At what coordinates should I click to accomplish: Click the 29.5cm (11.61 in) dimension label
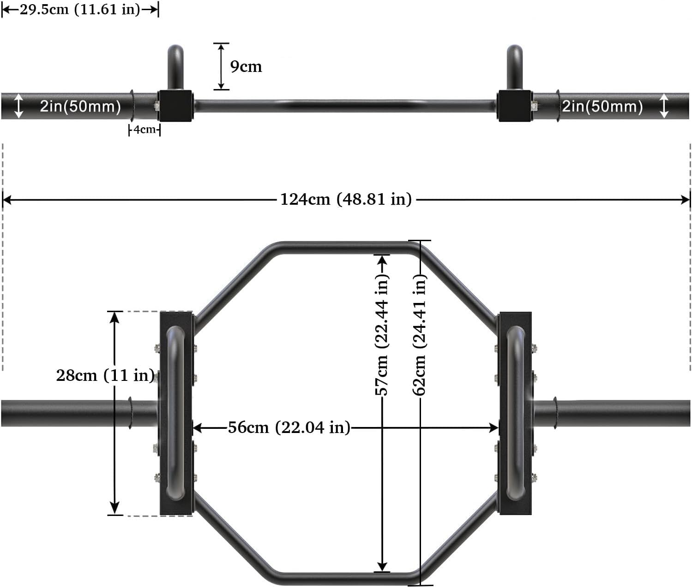coord(79,10)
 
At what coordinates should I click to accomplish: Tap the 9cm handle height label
coord(246,66)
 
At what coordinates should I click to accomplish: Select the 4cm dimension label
coord(144,130)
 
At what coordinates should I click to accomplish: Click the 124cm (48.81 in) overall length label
coord(346,199)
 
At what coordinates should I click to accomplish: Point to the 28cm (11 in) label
coord(105,375)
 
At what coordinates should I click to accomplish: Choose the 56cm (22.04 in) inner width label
coord(289,427)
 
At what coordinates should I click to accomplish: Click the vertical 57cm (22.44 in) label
coord(382,334)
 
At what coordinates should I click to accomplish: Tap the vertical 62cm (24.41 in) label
coord(419,334)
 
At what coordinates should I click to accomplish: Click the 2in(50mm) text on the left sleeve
coord(80,106)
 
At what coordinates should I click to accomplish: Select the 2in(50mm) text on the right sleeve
coord(602,106)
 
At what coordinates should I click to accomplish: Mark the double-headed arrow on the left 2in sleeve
coord(18,106)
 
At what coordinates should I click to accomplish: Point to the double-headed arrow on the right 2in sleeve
coord(663,106)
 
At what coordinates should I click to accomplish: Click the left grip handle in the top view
coord(175,413)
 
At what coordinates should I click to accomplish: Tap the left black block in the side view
coord(175,106)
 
